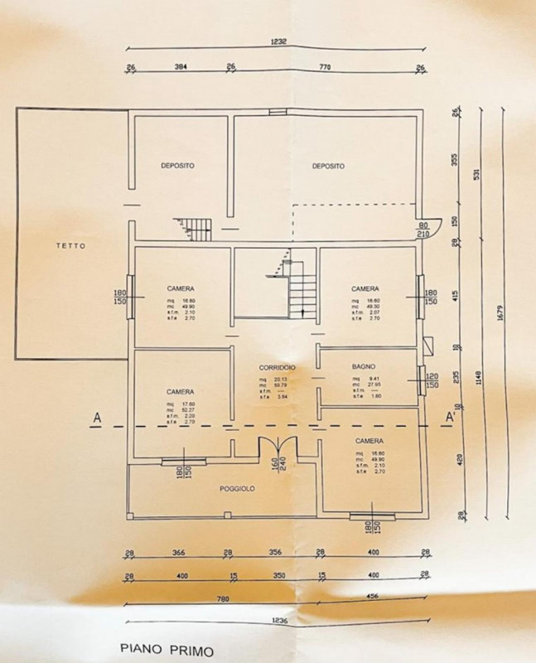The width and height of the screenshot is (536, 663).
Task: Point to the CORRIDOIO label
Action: tap(277, 366)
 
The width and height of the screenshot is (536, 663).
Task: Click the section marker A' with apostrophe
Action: tap(451, 417)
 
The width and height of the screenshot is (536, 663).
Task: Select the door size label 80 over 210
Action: tap(424, 230)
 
